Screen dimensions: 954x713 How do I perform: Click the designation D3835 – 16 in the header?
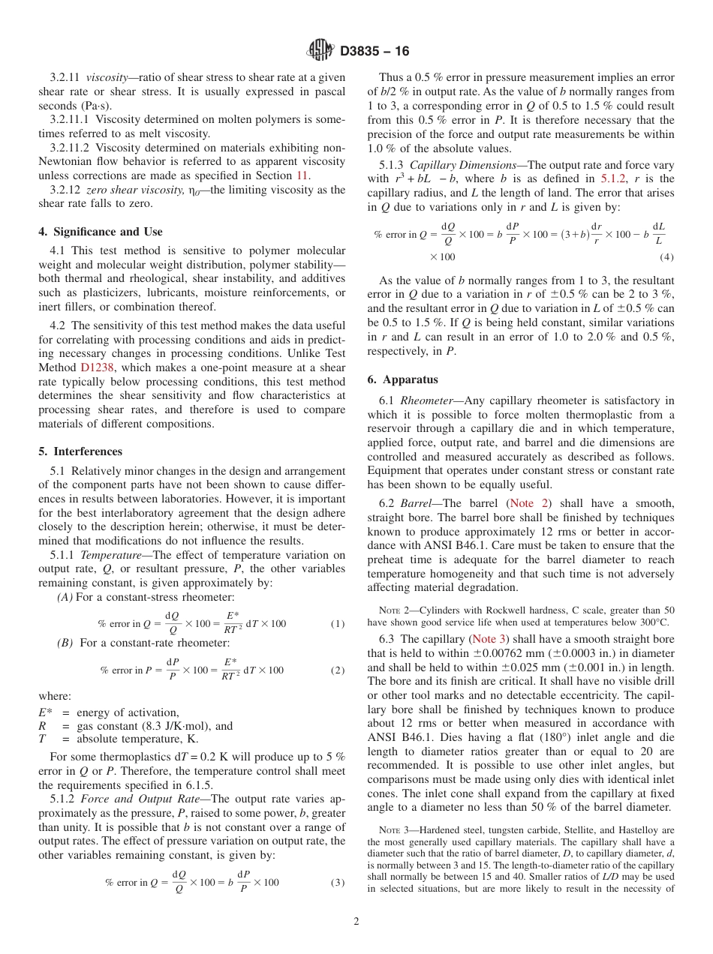375,52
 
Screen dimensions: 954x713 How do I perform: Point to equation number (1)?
337,624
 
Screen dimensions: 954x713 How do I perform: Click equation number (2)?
337,670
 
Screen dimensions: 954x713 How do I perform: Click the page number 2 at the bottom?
356,922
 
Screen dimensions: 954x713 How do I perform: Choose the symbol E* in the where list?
44,712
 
